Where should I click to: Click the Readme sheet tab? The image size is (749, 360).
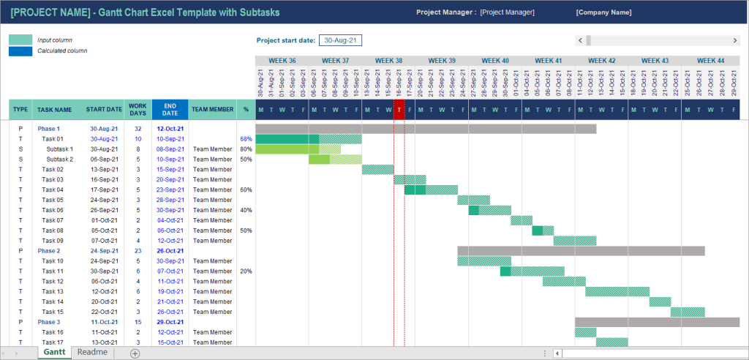click(x=92, y=353)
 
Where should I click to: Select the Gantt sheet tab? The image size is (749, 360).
click(x=54, y=353)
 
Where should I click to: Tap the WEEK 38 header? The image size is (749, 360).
click(x=388, y=61)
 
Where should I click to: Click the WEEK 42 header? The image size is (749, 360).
click(x=601, y=61)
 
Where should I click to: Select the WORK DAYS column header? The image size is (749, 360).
click(x=138, y=110)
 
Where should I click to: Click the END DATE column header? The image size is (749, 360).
click(x=170, y=110)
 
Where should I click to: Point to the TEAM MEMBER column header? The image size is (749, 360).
click(x=212, y=110)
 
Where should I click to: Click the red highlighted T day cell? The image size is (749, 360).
click(x=399, y=110)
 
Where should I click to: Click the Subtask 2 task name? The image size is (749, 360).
click(x=60, y=159)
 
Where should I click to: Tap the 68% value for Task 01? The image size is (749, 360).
click(x=246, y=139)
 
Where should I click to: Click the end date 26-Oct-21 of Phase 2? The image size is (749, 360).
click(x=170, y=250)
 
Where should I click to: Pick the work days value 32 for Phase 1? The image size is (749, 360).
click(x=138, y=129)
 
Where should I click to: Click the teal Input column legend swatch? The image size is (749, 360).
click(x=20, y=40)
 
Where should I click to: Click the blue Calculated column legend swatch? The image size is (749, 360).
click(x=20, y=50)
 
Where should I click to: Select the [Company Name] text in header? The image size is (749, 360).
click(x=603, y=12)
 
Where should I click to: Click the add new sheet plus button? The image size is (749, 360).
click(x=135, y=353)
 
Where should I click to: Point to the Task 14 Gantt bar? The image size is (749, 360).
click(x=660, y=301)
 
